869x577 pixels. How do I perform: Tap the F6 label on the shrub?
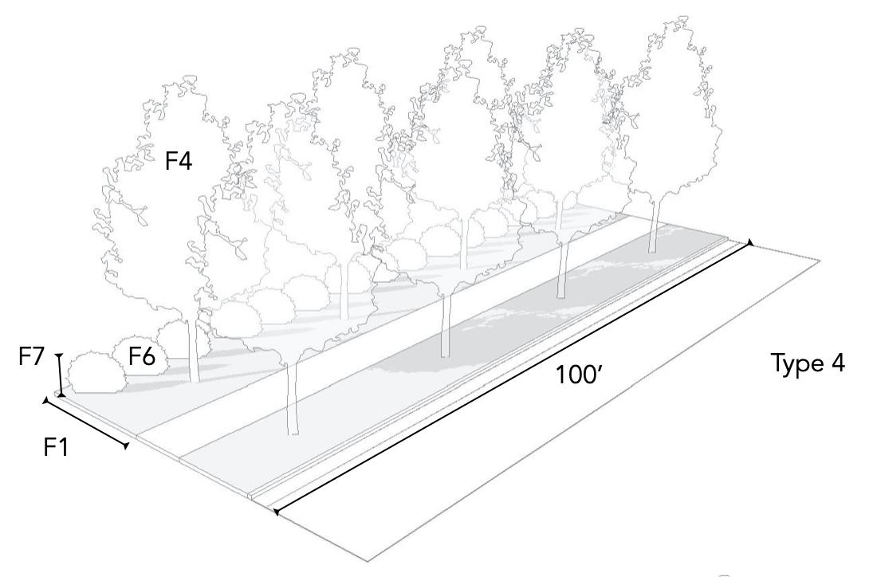tap(143, 358)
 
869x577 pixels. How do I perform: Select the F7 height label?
tap(33, 356)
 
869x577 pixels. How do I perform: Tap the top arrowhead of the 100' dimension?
tap(749, 242)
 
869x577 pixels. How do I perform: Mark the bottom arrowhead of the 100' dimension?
tap(275, 512)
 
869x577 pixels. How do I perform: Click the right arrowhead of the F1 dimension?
tap(126, 447)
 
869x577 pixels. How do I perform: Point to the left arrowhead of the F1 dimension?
tap(45, 401)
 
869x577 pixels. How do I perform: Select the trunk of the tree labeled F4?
tap(192, 351)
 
